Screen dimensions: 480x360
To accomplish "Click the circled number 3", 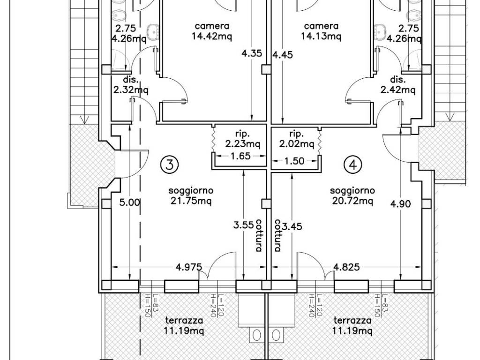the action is point(169,165).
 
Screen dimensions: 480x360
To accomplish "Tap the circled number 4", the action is point(353,165).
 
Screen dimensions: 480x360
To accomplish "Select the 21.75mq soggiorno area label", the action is point(191,196).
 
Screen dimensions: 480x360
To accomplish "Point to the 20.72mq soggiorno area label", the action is point(352,196).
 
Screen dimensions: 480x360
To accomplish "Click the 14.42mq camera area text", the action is point(212,31).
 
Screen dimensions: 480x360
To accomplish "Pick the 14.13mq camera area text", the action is point(321,31).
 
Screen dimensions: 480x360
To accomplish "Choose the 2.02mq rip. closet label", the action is point(297,139).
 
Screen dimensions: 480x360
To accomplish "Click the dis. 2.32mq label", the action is point(131,85).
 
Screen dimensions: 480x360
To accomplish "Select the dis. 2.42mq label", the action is point(398,85).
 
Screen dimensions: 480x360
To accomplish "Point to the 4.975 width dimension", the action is point(189,267).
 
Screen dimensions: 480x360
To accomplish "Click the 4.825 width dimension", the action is point(346,267).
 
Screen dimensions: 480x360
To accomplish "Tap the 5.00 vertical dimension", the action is point(130,202).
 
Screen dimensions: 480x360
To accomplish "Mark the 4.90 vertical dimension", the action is point(401,203).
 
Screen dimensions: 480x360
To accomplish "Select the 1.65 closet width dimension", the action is point(240,156).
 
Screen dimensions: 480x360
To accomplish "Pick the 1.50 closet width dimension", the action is point(294,161).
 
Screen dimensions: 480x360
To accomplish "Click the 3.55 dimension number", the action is point(243,225).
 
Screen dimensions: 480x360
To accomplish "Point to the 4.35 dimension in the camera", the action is point(252,53).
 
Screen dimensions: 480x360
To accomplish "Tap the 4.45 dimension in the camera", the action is point(283,54).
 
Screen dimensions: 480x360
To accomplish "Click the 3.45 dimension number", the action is point(292,226).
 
